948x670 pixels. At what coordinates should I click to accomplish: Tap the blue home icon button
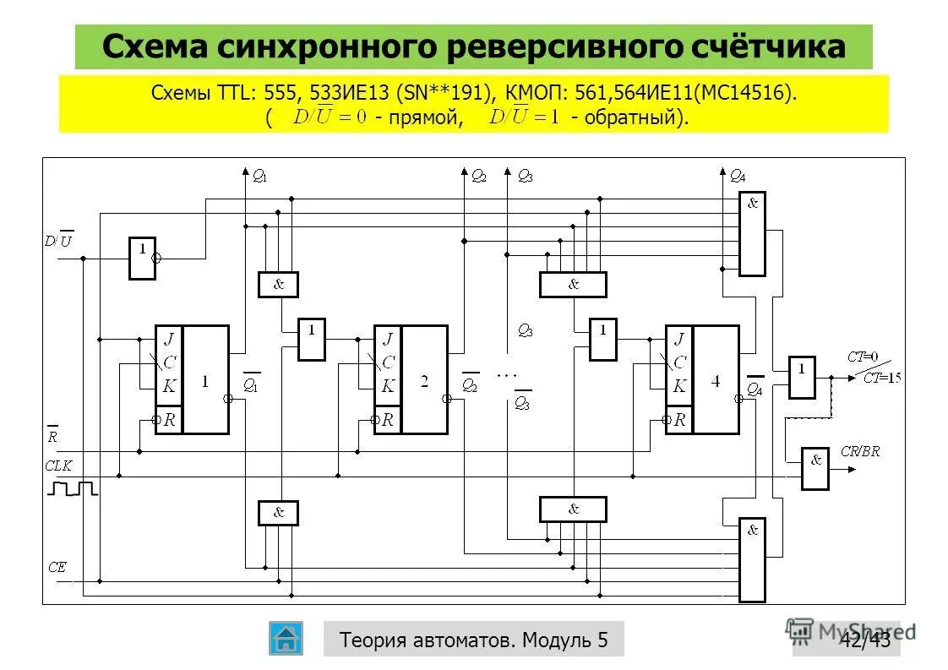(286, 638)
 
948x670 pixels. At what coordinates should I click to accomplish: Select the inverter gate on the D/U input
(142, 258)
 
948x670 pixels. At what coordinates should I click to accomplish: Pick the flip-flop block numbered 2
(424, 379)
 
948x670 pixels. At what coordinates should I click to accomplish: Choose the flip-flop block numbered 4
(715, 379)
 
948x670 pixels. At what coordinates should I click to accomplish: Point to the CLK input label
(59, 465)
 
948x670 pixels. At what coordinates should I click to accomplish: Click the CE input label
(57, 568)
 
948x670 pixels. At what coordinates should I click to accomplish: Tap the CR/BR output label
(860, 451)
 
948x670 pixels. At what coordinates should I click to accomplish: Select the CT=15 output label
(881, 378)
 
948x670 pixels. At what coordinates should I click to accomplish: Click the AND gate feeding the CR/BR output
(815, 467)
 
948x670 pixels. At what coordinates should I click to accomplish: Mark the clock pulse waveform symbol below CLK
(74, 488)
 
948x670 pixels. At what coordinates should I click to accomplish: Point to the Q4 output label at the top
(738, 177)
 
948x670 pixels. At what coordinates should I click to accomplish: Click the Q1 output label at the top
(259, 177)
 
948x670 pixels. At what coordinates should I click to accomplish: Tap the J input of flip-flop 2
(387, 339)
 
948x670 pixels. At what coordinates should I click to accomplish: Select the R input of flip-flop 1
(168, 419)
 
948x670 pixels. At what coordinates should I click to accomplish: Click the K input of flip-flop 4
(678, 386)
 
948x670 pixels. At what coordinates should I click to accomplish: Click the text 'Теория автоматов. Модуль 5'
(473, 640)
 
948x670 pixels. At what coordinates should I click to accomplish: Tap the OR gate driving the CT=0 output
(802, 377)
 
